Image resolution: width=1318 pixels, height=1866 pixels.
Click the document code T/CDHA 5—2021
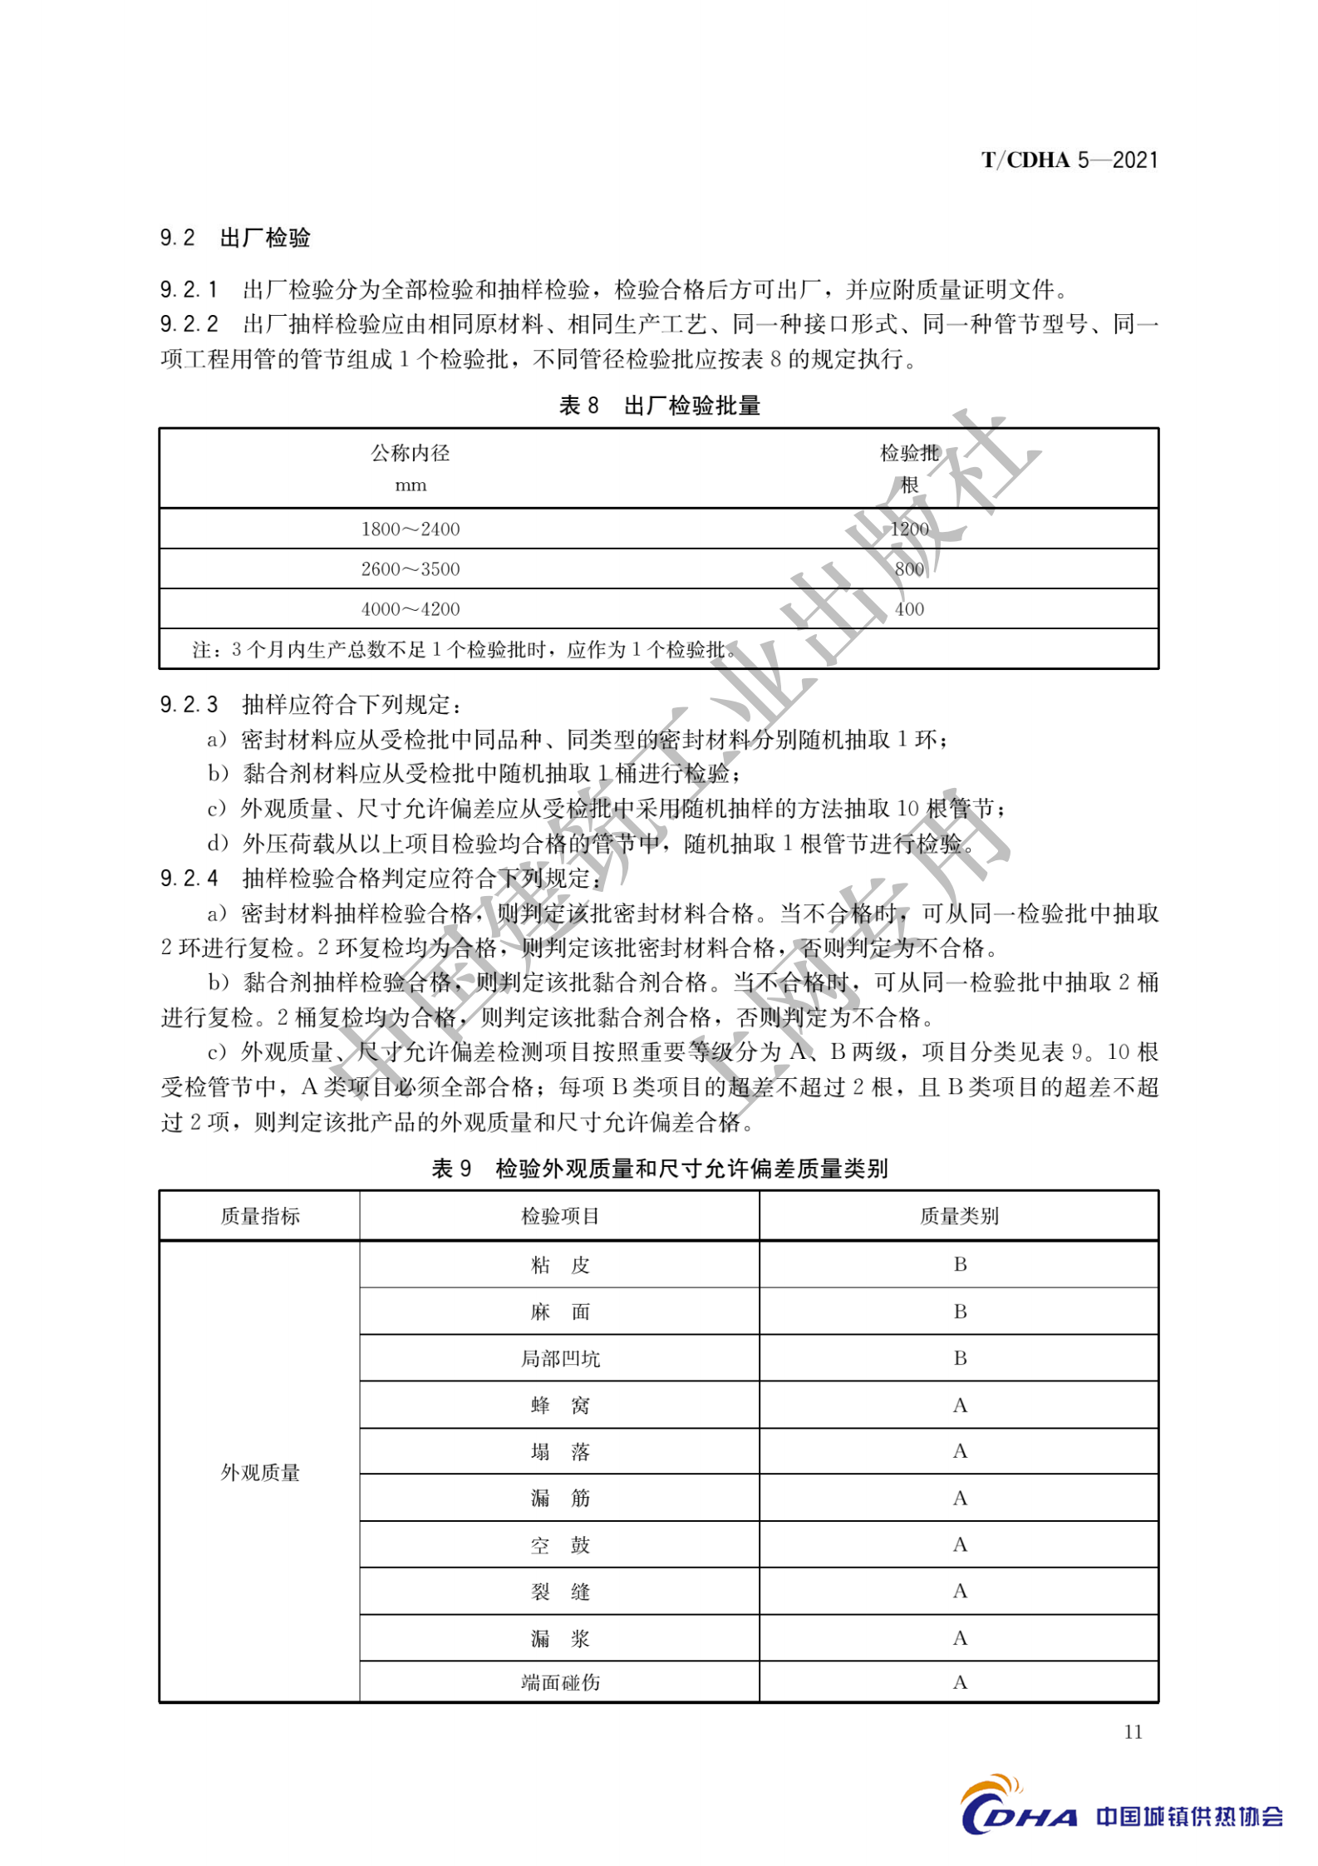coord(1069,160)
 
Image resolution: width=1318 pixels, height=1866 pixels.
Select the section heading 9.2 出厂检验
coord(235,238)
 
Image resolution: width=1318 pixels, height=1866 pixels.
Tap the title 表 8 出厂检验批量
coord(659,406)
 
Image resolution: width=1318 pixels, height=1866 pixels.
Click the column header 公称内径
coord(410,453)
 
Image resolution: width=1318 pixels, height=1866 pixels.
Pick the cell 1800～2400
coord(410,529)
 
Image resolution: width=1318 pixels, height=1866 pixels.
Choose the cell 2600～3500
coord(410,569)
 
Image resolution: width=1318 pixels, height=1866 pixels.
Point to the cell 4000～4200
coord(410,609)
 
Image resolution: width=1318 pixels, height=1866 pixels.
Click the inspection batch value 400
coord(909,609)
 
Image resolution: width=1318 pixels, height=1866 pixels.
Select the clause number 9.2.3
coord(189,705)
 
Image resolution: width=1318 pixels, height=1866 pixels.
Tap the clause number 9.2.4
coord(189,878)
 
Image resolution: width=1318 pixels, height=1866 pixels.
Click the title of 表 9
coord(659,1169)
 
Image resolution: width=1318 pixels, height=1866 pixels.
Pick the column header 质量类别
coord(959,1216)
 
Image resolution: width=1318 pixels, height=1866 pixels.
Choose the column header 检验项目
coord(560,1216)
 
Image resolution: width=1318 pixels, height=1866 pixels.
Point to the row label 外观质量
coord(259,1473)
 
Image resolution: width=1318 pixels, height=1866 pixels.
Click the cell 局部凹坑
coord(560,1359)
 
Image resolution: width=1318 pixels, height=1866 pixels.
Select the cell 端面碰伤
coord(560,1682)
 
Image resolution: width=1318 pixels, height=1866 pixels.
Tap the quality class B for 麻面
coord(960,1312)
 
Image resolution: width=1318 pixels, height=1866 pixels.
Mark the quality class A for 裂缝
coord(960,1591)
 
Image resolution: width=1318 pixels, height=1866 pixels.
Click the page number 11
coord(1133,1732)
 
